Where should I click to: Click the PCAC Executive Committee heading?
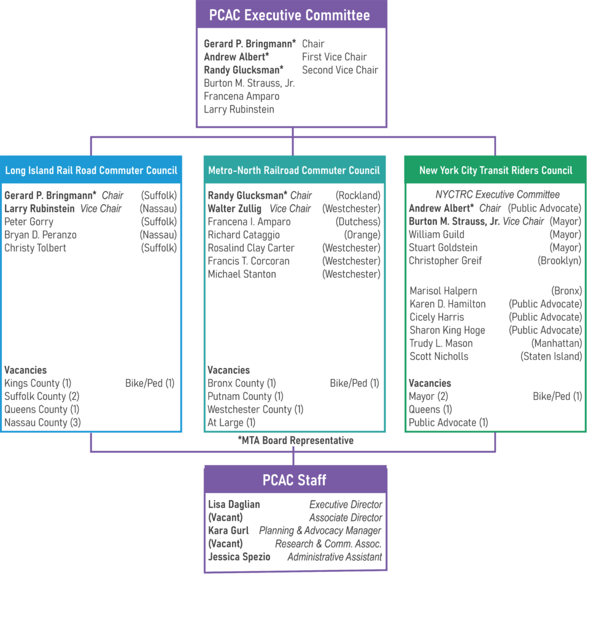click(x=290, y=15)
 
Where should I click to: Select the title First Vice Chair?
click(x=334, y=57)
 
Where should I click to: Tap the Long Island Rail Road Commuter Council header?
click(x=91, y=171)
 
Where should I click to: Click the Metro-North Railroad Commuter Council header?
click(x=294, y=171)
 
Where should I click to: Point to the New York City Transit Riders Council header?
click(x=496, y=171)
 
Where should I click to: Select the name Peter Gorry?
click(x=29, y=222)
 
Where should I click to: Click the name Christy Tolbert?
click(x=35, y=248)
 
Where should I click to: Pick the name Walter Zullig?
click(x=234, y=209)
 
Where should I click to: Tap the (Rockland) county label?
click(x=358, y=196)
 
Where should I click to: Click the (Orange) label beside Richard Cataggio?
click(x=363, y=235)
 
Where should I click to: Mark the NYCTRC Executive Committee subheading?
click(x=498, y=195)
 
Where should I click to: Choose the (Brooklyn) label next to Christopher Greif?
click(x=559, y=260)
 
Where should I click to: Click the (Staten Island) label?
click(x=551, y=357)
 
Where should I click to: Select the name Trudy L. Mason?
click(x=441, y=343)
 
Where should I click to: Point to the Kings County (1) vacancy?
click(x=37, y=383)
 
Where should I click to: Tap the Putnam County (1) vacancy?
click(x=246, y=396)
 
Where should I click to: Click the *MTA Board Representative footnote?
click(x=295, y=440)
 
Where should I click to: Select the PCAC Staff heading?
click(x=295, y=480)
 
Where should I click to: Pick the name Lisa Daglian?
click(x=234, y=505)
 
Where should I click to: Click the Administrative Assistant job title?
click(x=334, y=557)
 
